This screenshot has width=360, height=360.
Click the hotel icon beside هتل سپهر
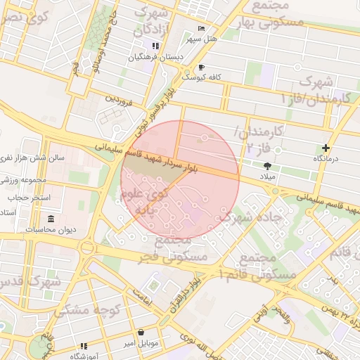point(202,29)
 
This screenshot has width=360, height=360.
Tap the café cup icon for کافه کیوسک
point(202,67)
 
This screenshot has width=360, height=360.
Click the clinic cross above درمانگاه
point(326,148)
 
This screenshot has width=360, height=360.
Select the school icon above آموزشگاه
point(84,346)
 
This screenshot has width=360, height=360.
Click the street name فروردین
point(119,98)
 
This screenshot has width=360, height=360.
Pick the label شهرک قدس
point(28,281)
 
